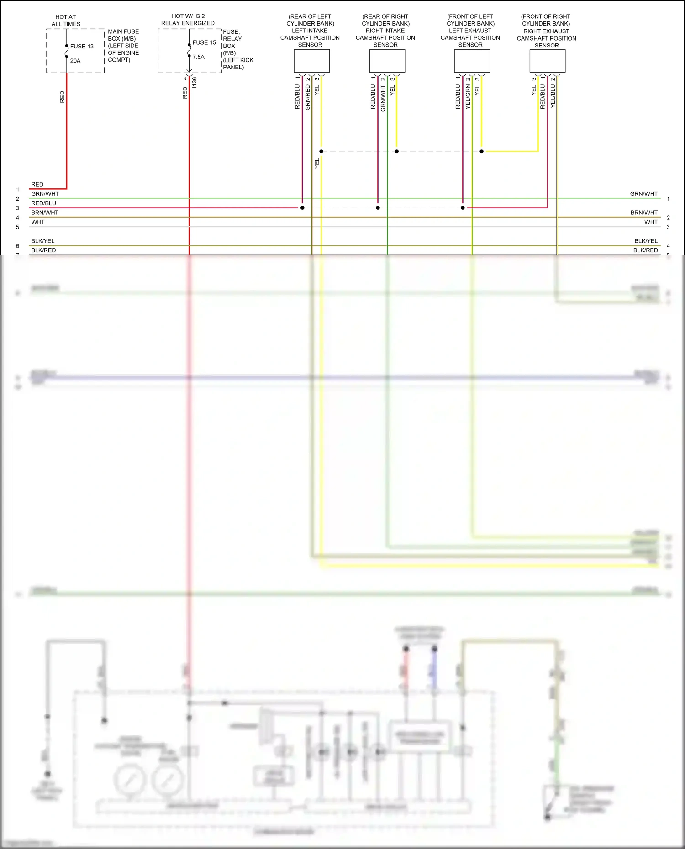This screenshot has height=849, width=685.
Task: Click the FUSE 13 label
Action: coord(82,46)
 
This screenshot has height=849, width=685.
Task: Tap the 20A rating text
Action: coord(75,61)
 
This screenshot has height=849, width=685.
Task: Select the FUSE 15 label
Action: coord(204,42)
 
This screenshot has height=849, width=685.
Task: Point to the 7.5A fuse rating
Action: coord(199,57)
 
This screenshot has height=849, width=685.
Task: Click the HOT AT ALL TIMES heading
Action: coord(66,21)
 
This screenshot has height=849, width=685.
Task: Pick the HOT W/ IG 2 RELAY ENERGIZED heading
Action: coord(188,20)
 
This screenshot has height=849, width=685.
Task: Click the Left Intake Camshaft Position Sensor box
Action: coord(311,61)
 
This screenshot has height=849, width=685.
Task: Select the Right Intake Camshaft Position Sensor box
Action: coord(387,61)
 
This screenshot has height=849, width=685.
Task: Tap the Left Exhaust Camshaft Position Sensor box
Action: coord(472,61)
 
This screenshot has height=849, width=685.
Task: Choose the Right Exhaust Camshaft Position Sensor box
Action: coord(547,61)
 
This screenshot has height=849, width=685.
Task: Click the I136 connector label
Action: coord(195,83)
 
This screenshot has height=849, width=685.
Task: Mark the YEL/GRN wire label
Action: coord(468,97)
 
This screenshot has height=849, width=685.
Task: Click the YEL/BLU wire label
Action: coord(553,96)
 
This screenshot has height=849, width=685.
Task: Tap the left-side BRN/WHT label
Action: coord(45,213)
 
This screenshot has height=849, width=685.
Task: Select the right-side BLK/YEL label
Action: coord(646,241)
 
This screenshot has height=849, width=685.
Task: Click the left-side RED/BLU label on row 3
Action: coord(43,203)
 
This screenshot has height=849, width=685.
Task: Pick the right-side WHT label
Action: coord(651,222)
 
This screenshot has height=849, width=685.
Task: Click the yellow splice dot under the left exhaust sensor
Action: coord(481,151)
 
